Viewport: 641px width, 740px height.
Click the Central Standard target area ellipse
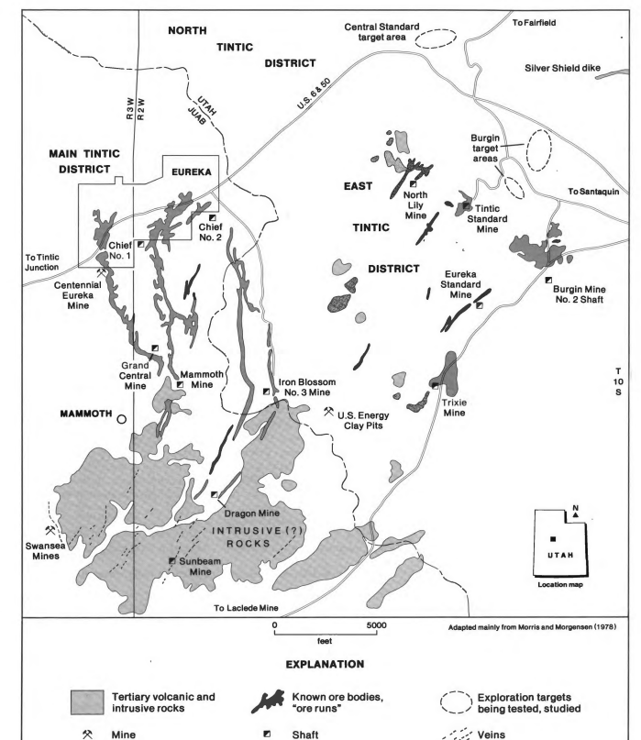click(437, 39)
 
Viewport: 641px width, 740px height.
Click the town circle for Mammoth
click(121, 419)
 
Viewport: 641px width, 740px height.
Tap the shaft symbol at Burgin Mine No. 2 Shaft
click(548, 280)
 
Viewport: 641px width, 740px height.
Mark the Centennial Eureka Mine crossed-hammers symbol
click(98, 271)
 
